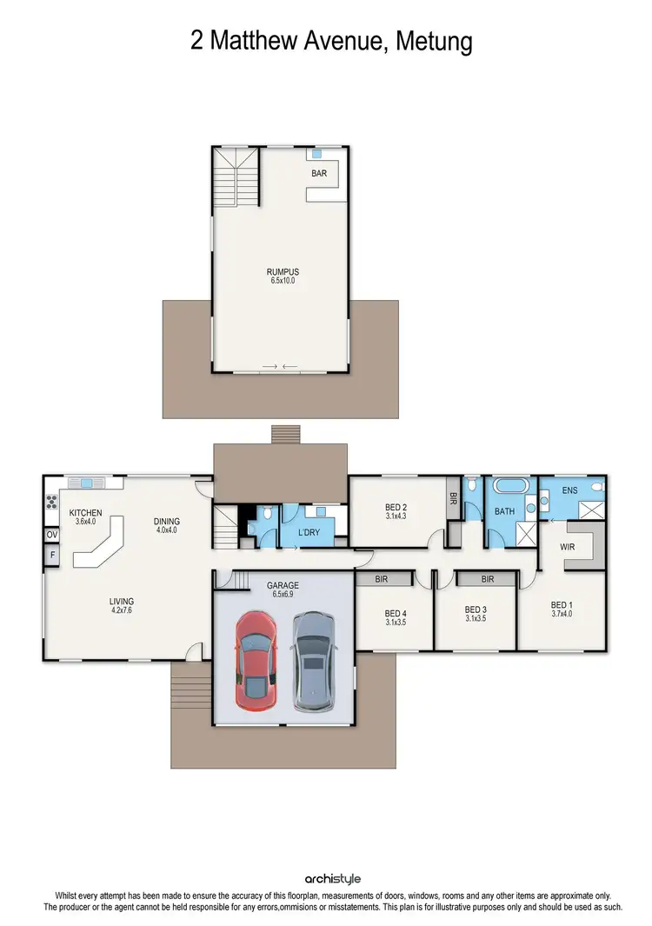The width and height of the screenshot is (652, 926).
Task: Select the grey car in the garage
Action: coord(313,661)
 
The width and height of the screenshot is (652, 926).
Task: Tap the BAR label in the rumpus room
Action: coord(319,174)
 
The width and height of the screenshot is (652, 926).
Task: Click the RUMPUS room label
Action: coord(283,272)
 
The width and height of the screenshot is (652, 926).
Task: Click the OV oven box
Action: coord(52,535)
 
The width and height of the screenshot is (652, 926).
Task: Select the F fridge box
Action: coord(52,555)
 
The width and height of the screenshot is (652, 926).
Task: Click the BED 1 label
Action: coord(562,605)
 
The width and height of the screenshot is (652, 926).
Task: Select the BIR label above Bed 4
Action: coord(382,578)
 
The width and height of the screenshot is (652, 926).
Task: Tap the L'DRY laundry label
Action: coord(309,531)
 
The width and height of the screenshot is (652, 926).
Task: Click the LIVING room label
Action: coord(121,601)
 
